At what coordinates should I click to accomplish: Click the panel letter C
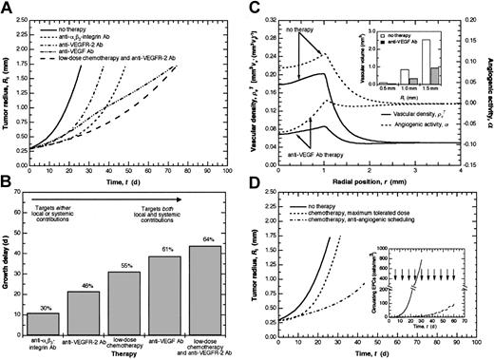click(254, 7)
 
